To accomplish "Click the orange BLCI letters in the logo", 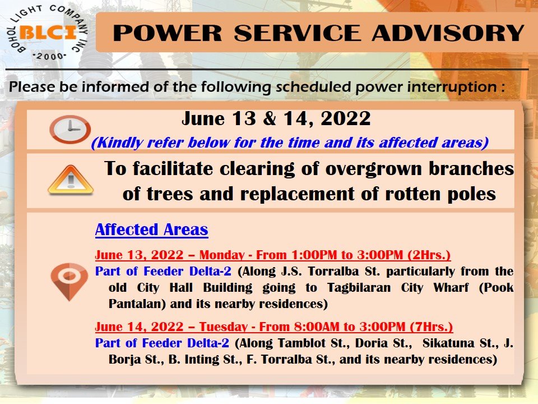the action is pyautogui.click(x=48, y=33).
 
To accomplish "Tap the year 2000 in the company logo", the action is pyautogui.click(x=49, y=56).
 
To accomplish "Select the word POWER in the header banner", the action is pyautogui.click(x=168, y=33).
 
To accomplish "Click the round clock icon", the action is pyautogui.click(x=70, y=129).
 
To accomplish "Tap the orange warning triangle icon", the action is pyautogui.click(x=71, y=180).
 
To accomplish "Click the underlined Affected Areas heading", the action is pyautogui.click(x=152, y=229).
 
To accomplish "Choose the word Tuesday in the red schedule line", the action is pyautogui.click(x=224, y=327).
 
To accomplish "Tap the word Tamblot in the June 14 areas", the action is pyautogui.click(x=302, y=343).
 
